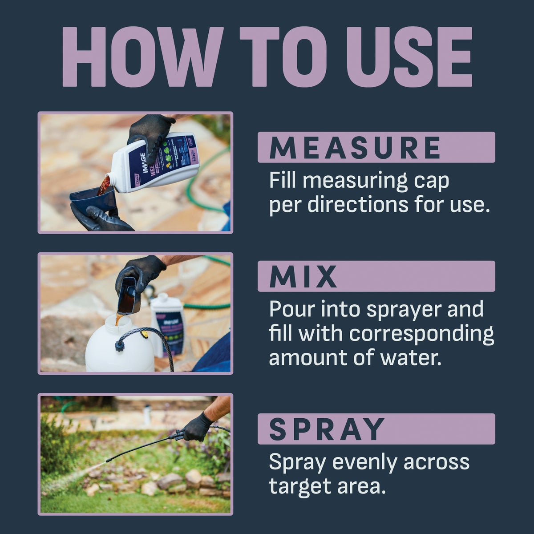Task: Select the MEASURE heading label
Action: tap(355, 147)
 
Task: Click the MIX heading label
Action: tap(303, 276)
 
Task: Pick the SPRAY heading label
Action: tap(327, 429)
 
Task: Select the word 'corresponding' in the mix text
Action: tap(421, 334)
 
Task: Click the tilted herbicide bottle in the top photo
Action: tap(156, 162)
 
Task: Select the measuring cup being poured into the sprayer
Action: tap(129, 294)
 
